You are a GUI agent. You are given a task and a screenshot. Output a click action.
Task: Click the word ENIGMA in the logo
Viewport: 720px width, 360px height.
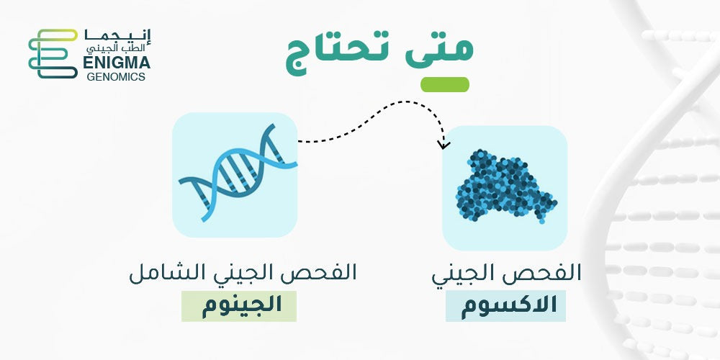pos(117,63)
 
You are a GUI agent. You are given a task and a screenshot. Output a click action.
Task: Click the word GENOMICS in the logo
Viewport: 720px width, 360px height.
pos(116,77)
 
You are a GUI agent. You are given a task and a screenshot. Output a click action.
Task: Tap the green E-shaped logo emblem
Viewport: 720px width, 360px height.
pos(53,54)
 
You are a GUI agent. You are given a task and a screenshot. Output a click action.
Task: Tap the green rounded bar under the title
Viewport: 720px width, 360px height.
pos(445,84)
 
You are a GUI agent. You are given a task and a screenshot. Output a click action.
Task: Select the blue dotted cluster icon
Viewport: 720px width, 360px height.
pos(505,186)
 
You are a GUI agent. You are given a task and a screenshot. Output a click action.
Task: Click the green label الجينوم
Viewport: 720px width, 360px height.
pos(239,306)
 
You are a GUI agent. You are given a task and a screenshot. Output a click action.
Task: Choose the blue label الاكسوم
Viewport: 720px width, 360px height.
pos(505,306)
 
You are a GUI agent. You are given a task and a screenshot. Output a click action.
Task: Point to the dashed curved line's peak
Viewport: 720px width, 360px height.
pos(404,102)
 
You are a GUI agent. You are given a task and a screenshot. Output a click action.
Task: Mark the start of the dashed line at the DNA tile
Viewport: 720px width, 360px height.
pos(299,141)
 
